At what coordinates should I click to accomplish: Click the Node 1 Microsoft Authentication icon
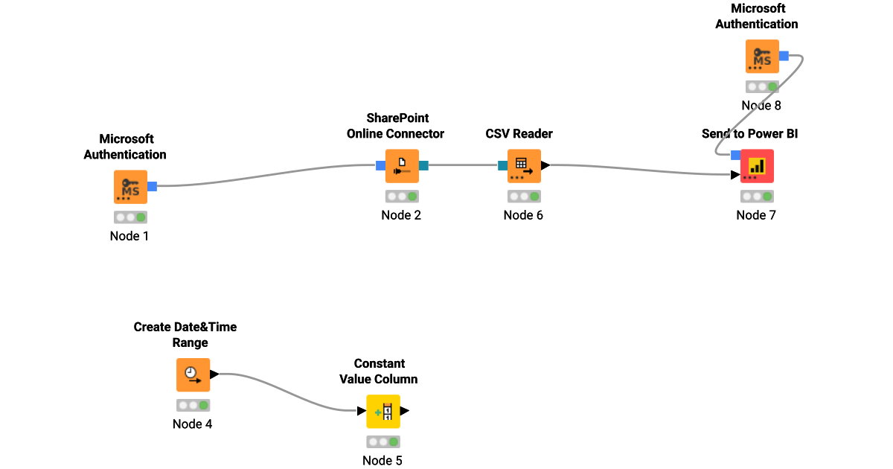[x=130, y=187]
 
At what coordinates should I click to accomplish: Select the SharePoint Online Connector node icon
[x=402, y=166]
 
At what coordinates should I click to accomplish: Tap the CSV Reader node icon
[x=524, y=166]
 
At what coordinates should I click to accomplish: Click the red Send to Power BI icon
[x=757, y=166]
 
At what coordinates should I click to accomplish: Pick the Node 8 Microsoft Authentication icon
[x=762, y=57]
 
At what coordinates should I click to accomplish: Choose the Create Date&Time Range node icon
[x=193, y=374]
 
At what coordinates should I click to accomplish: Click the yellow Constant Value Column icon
[x=383, y=411]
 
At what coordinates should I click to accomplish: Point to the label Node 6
[x=524, y=215]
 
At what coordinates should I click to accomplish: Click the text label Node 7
[x=757, y=215]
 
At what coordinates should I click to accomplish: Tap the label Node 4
[x=193, y=424]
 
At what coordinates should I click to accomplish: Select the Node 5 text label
[x=383, y=460]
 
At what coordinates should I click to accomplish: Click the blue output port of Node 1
[x=152, y=186]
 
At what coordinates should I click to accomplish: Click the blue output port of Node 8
[x=784, y=56]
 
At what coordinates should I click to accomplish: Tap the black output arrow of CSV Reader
[x=545, y=165]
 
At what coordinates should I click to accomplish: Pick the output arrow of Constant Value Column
[x=405, y=410]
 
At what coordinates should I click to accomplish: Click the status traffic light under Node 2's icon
[x=402, y=197]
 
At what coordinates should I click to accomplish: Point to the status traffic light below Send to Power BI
[x=757, y=197]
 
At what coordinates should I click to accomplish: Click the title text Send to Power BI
[x=750, y=134]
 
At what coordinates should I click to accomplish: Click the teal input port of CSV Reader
[x=502, y=165]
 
